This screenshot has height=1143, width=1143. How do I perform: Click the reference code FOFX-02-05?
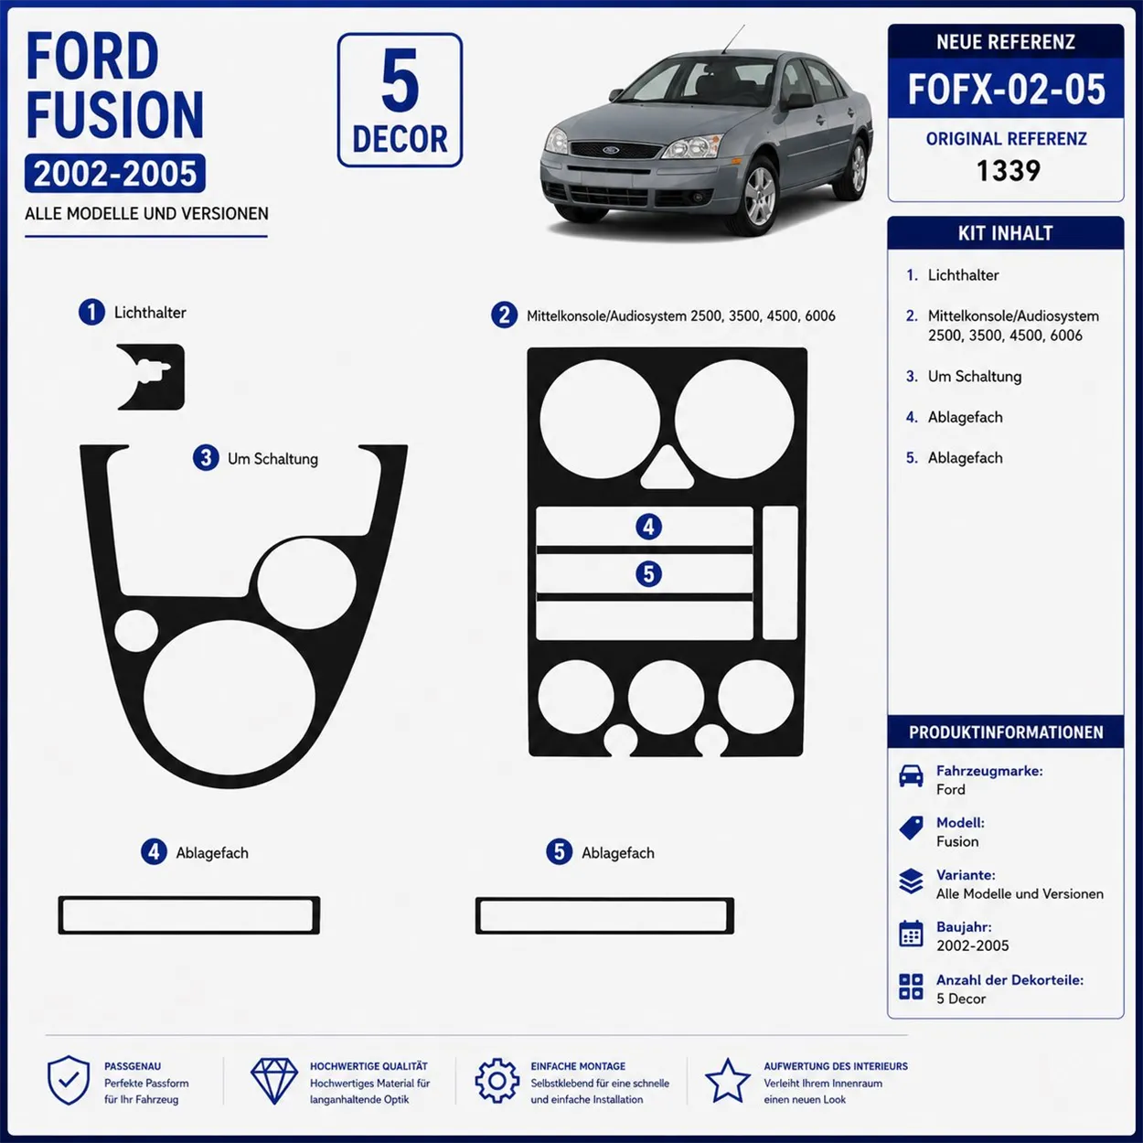1007,90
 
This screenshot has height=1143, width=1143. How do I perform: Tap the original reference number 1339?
1008,171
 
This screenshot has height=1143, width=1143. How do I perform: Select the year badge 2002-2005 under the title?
115,174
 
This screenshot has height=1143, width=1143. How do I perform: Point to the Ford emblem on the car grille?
611,150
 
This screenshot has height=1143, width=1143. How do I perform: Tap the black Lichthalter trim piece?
151,378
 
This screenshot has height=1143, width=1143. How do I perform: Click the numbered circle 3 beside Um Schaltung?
206,458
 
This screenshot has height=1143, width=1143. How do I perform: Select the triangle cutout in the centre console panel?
668,467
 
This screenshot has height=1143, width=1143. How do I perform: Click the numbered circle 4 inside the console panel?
648,527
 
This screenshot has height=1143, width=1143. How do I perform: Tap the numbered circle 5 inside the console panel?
648,573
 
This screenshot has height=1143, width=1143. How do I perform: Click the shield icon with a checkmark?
69,1081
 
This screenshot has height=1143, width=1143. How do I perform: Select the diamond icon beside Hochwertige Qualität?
274,1081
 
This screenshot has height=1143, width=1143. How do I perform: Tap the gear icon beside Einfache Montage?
497,1081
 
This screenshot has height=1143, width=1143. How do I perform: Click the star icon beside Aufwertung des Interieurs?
728,1081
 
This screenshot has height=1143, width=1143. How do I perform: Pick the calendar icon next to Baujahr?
911,934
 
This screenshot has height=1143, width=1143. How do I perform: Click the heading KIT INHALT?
1006,233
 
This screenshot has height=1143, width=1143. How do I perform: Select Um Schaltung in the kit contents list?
975,377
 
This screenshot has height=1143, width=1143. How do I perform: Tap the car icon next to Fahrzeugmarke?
911,775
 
